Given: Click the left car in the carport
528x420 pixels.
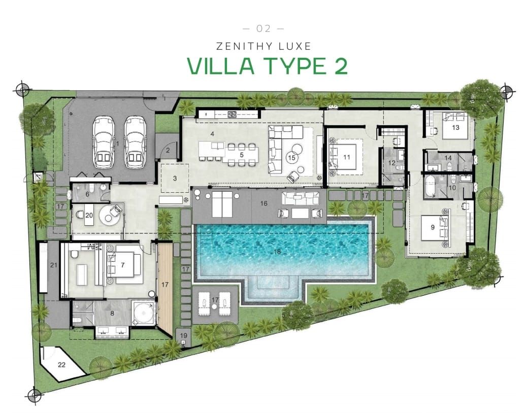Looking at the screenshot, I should tap(103, 143).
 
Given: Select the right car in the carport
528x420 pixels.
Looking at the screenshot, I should tap(135, 143).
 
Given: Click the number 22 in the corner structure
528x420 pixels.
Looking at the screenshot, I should tap(62, 364).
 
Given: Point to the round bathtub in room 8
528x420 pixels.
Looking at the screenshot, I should tap(143, 313).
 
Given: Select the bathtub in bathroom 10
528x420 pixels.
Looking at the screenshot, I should tap(431, 186).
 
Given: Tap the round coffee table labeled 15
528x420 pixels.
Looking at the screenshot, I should tap(292, 153).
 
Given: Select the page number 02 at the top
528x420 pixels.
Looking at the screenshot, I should tap(263, 28).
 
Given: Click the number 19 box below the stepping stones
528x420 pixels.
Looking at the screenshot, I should tap(183, 336).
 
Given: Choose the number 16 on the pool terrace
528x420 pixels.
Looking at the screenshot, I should tap(263, 203).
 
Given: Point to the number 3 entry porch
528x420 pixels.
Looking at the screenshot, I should tap(174, 178).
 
